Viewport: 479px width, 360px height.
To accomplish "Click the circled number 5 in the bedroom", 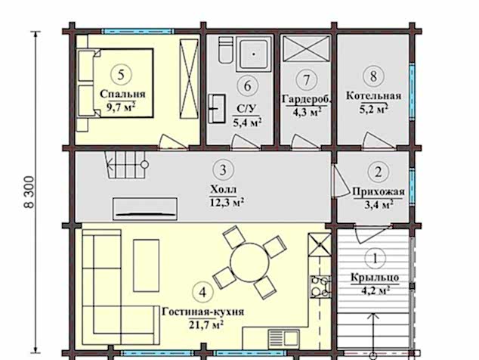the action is pos(121,75).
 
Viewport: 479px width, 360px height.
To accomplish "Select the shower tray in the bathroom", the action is pos(254,54).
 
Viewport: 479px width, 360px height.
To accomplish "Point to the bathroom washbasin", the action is pos(217,109).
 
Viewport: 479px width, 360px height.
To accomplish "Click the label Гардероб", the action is pos(307,99).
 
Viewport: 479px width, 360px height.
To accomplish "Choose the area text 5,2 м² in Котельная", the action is pos(374,109).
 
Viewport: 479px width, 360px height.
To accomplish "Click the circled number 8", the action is pos(374,76).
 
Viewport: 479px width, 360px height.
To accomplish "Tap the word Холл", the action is pos(224,190).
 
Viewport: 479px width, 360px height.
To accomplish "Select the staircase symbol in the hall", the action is pos(126,165).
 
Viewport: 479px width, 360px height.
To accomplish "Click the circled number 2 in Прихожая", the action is pos(379,172).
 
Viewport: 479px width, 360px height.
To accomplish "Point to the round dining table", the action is pos(249,262).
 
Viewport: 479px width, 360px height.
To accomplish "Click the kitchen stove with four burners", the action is pos(320,287).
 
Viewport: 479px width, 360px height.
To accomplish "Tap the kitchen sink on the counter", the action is pos(284,339).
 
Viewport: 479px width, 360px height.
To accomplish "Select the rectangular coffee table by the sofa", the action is pos(147,265).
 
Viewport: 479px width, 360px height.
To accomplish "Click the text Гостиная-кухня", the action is pos(202,312).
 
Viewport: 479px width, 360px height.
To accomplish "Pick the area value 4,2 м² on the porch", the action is pos(375,290).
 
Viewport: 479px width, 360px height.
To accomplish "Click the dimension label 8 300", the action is pos(29,192).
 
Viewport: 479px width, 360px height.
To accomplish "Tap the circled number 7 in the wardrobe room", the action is pos(307,80).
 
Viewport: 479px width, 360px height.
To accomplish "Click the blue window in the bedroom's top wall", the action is pos(138,31).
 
